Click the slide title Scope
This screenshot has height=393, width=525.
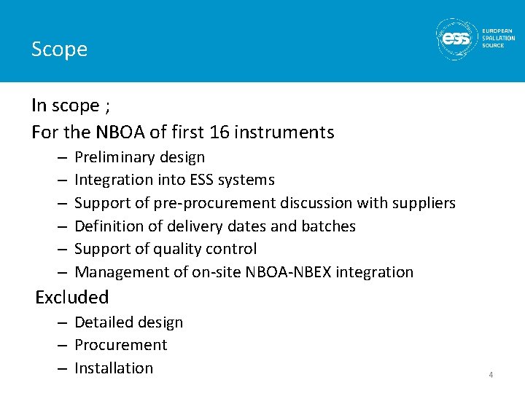(59, 49)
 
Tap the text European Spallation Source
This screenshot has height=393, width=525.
(498, 39)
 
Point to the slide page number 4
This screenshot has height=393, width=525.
(491, 375)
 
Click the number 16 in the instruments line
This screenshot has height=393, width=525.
(218, 132)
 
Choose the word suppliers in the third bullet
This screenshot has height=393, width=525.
(422, 203)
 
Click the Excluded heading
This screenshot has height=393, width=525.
(72, 297)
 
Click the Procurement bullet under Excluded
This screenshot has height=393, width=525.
(121, 345)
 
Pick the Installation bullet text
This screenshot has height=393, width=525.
(114, 368)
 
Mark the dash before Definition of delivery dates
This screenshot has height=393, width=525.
(61, 226)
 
